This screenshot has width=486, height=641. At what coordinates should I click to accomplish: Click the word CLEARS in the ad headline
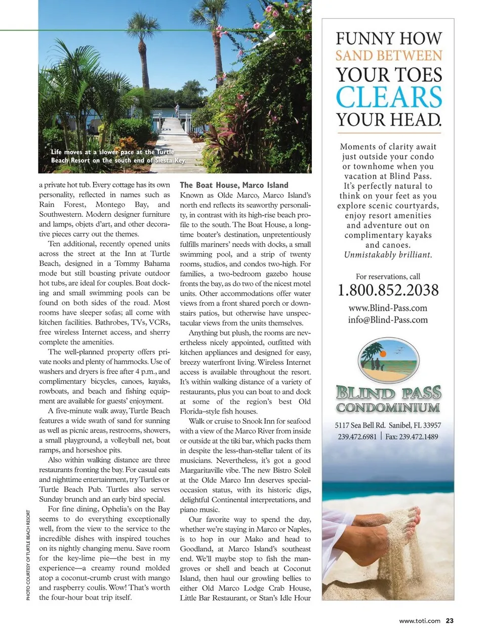click(388, 97)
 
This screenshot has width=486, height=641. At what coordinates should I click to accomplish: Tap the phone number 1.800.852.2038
click(388, 290)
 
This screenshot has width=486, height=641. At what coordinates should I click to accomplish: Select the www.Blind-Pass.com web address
click(388, 308)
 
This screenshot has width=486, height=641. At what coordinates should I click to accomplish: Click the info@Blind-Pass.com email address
click(388, 319)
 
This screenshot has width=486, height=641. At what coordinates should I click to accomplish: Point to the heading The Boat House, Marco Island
click(234, 185)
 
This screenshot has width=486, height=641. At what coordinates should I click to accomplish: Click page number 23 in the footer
click(450, 621)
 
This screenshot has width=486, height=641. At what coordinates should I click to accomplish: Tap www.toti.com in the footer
click(420, 621)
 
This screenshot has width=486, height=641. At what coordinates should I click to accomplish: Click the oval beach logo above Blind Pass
click(388, 360)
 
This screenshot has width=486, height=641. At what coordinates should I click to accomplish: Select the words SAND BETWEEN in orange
click(388, 56)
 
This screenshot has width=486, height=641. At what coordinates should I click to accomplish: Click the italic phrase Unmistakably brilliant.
click(388, 255)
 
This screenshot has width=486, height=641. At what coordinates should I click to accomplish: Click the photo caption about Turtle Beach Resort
click(118, 156)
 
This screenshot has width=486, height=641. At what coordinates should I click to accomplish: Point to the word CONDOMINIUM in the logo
click(388, 408)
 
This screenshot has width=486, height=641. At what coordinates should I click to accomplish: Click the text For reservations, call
click(388, 276)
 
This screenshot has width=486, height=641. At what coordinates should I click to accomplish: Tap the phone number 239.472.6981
click(357, 436)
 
